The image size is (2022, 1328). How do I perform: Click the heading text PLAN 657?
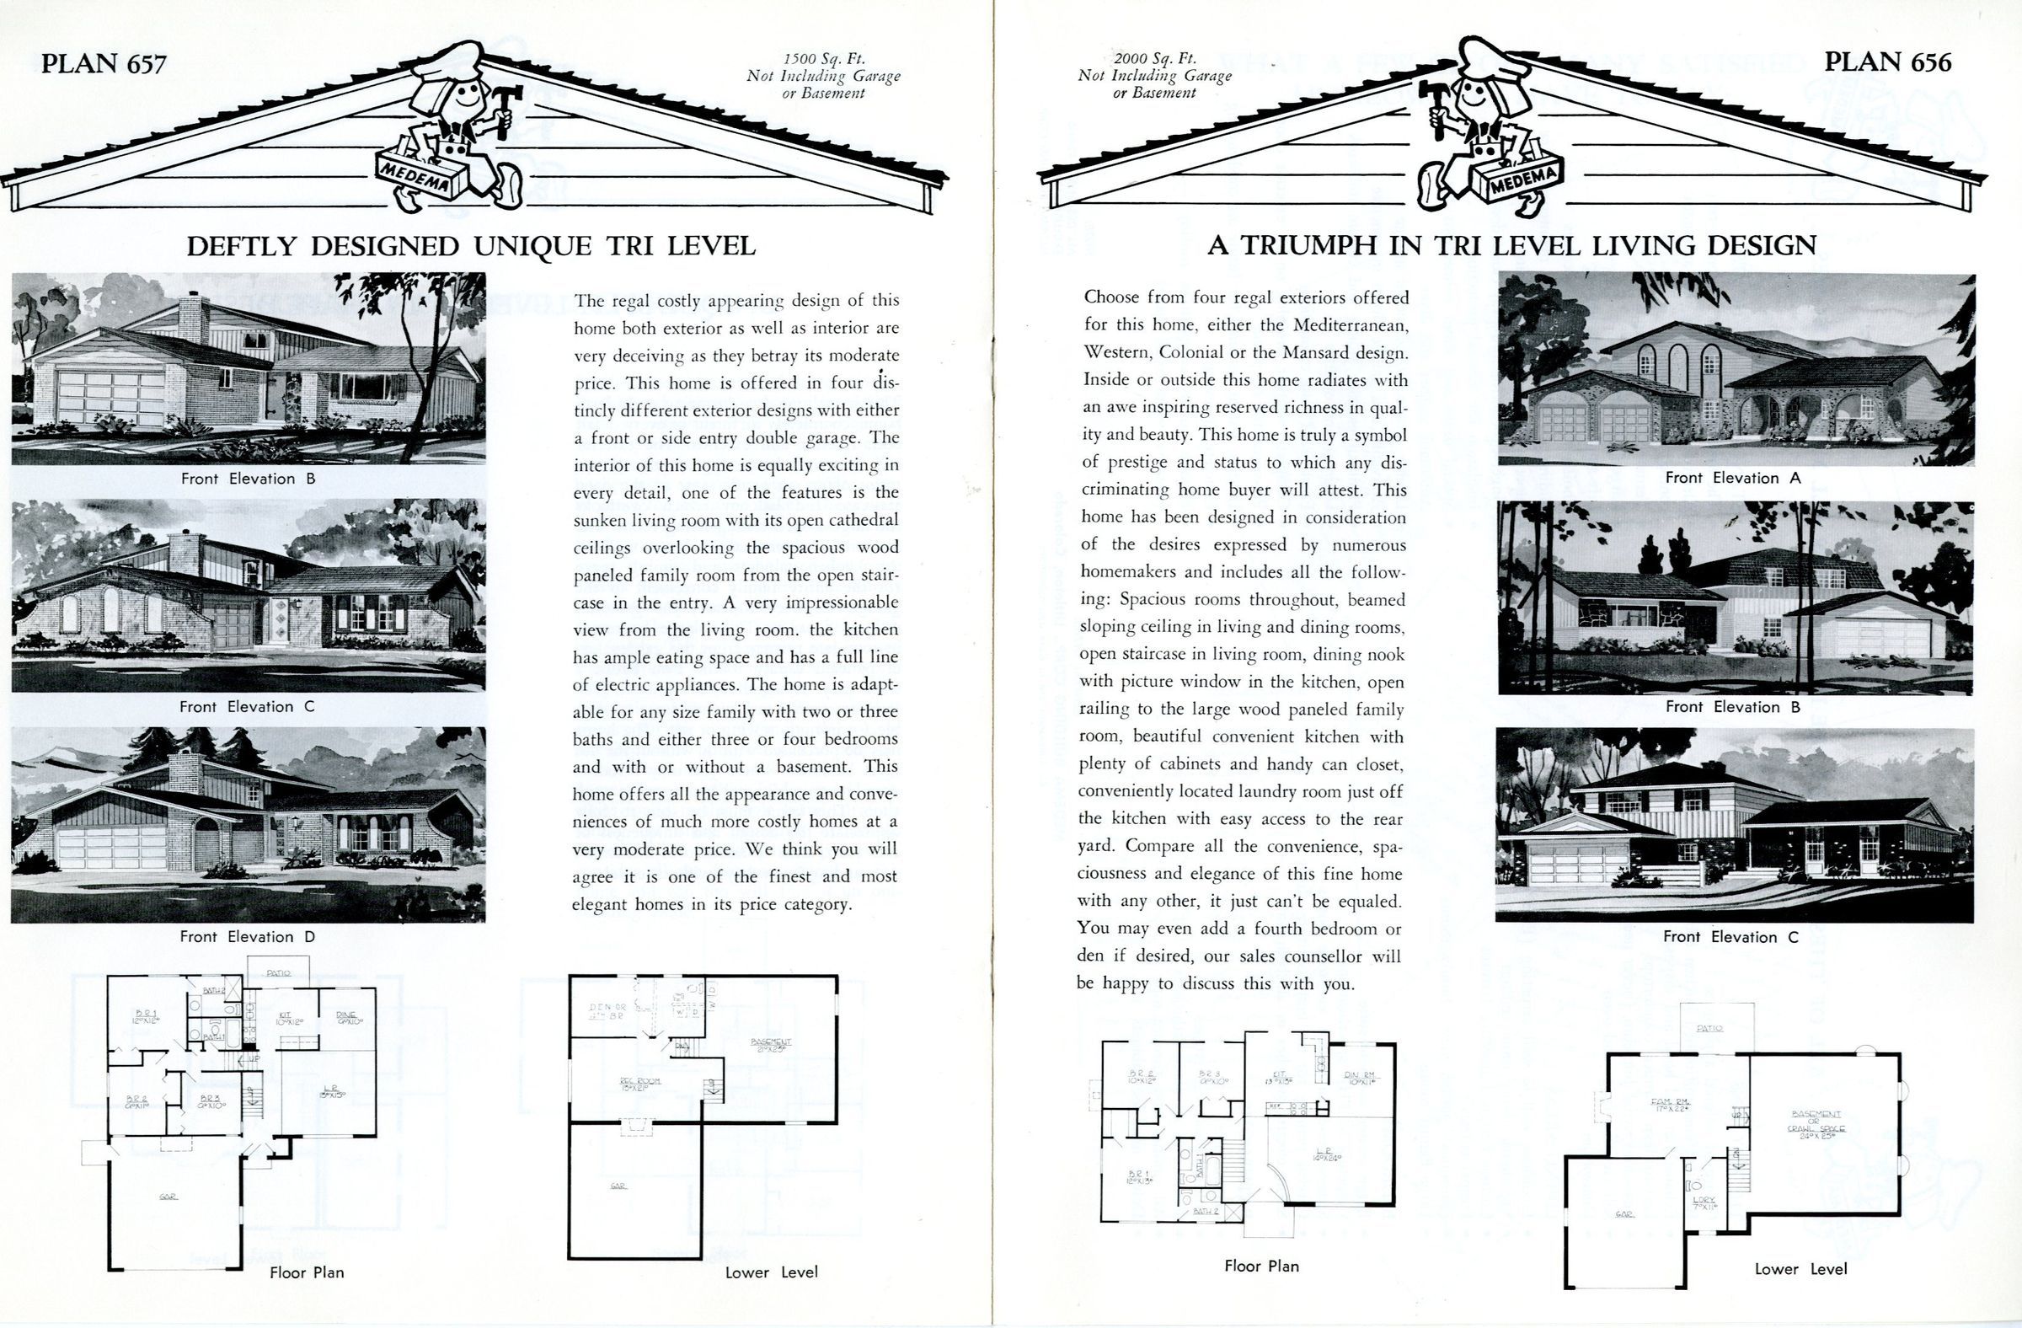pyautogui.click(x=104, y=64)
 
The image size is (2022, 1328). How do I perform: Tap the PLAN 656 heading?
pyautogui.click(x=1888, y=62)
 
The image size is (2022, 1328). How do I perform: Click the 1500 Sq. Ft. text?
pyautogui.click(x=823, y=60)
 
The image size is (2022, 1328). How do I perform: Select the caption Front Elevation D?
pyautogui.click(x=247, y=936)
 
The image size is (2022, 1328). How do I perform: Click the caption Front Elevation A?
pyautogui.click(x=1733, y=478)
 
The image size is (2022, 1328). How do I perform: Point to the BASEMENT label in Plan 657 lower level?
pyautogui.click(x=771, y=1043)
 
